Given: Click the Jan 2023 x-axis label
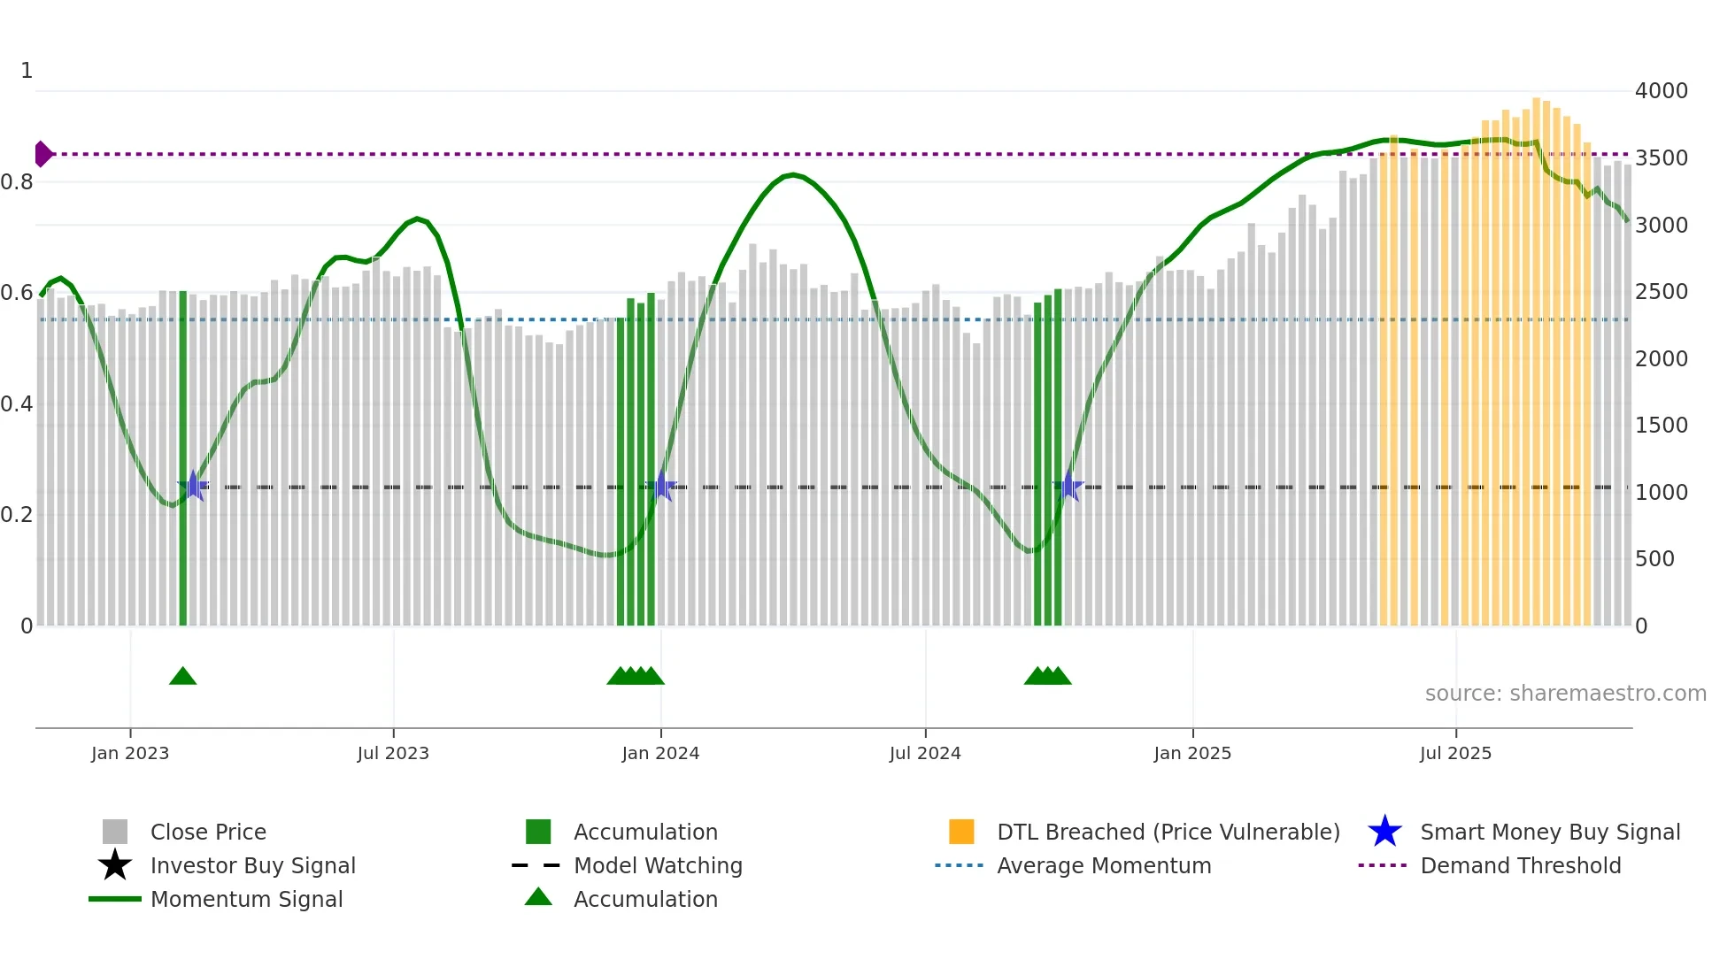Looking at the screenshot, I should tap(130, 753).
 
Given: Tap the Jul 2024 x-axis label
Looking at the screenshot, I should tap(925, 753).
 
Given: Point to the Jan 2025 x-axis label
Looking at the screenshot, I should tap(1192, 753).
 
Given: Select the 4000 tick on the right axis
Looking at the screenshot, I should tap(1662, 91).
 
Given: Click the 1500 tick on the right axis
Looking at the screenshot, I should tap(1662, 426).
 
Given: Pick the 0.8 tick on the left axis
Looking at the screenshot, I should tap(17, 182).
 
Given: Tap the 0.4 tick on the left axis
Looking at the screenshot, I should tap(17, 404).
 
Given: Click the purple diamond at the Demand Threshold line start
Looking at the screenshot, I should tap(42, 154).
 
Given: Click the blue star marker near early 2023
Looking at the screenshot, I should tap(193, 487).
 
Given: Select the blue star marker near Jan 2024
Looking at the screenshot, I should tap(661, 487).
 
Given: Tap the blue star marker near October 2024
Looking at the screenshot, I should tap(1068, 487).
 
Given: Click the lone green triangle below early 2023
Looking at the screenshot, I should tap(183, 677).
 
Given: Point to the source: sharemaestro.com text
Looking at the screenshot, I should tap(1565, 694).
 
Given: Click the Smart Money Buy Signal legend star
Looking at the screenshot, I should tap(1384, 832).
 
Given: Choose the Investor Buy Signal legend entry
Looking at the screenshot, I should tap(252, 865).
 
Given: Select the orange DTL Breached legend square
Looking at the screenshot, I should tap(961, 832).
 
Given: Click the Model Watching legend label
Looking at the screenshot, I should tap(658, 865).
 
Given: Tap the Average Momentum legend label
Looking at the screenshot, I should tap(1104, 865).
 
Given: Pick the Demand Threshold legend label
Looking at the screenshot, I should tap(1520, 865).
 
